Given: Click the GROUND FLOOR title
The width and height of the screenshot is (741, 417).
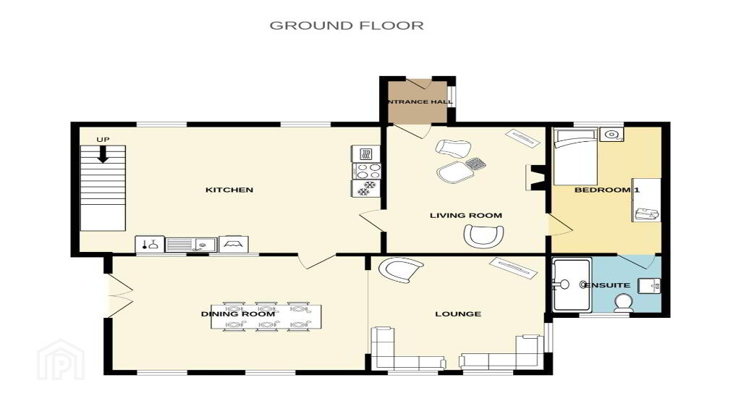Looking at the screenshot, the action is pos(347,25).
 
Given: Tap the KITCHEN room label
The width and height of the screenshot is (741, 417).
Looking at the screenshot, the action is pos(229,190).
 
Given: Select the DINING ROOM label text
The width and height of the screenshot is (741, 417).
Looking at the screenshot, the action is pos(237,314).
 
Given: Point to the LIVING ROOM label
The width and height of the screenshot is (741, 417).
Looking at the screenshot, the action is pos(466,216).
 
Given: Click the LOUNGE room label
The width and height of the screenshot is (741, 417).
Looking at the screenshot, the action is pos(458,314).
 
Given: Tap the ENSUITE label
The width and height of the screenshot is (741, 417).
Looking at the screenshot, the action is pos(607,285).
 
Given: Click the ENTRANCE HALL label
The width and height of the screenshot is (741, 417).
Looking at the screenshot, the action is pos(419,101).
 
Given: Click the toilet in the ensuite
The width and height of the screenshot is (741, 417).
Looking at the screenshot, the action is pos(624,303).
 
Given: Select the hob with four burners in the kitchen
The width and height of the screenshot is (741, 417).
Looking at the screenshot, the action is pos(365,171).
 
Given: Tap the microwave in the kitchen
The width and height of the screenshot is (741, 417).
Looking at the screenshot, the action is pos(365,153).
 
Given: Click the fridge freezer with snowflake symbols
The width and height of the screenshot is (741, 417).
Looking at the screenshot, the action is pos(365,188).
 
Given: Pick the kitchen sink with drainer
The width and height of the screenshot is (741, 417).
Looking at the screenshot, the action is pos(191,245).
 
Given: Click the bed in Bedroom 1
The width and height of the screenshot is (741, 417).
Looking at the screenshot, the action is pos(575,156).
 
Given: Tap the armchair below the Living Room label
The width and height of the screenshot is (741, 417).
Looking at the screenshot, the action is pos(483,235).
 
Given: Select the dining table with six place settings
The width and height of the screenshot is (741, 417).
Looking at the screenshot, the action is pos(266,316).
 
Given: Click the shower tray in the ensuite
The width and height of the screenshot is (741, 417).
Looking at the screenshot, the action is pos(572,284).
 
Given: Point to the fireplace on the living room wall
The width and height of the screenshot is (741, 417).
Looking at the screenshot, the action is pos(535,178).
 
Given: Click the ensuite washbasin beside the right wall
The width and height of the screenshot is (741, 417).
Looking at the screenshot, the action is pos(650,285).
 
